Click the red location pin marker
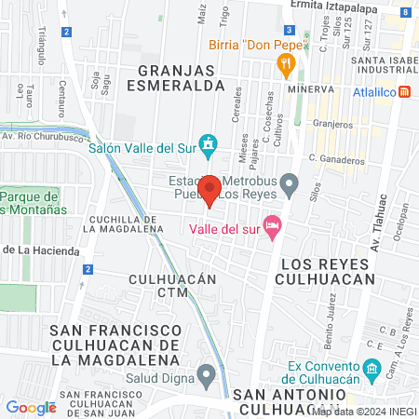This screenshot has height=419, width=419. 210,190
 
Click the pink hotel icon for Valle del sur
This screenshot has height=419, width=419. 272,225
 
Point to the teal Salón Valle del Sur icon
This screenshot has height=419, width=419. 210,145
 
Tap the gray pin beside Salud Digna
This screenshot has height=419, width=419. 207,375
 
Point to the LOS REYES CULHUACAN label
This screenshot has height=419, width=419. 327,270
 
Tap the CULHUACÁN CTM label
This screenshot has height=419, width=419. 172,286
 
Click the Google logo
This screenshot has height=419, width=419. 31,407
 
